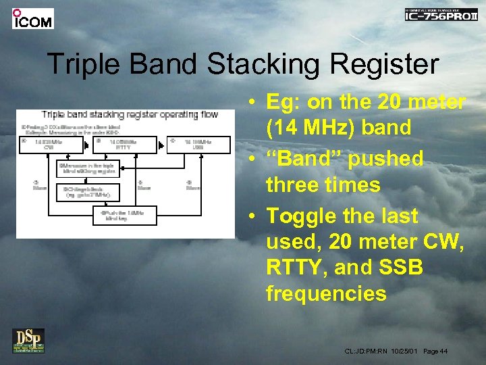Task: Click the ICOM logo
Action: click(32, 18)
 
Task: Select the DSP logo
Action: click(28, 340)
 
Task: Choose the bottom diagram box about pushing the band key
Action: click(125, 216)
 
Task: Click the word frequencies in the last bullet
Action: click(326, 293)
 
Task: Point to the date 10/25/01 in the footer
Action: click(404, 351)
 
